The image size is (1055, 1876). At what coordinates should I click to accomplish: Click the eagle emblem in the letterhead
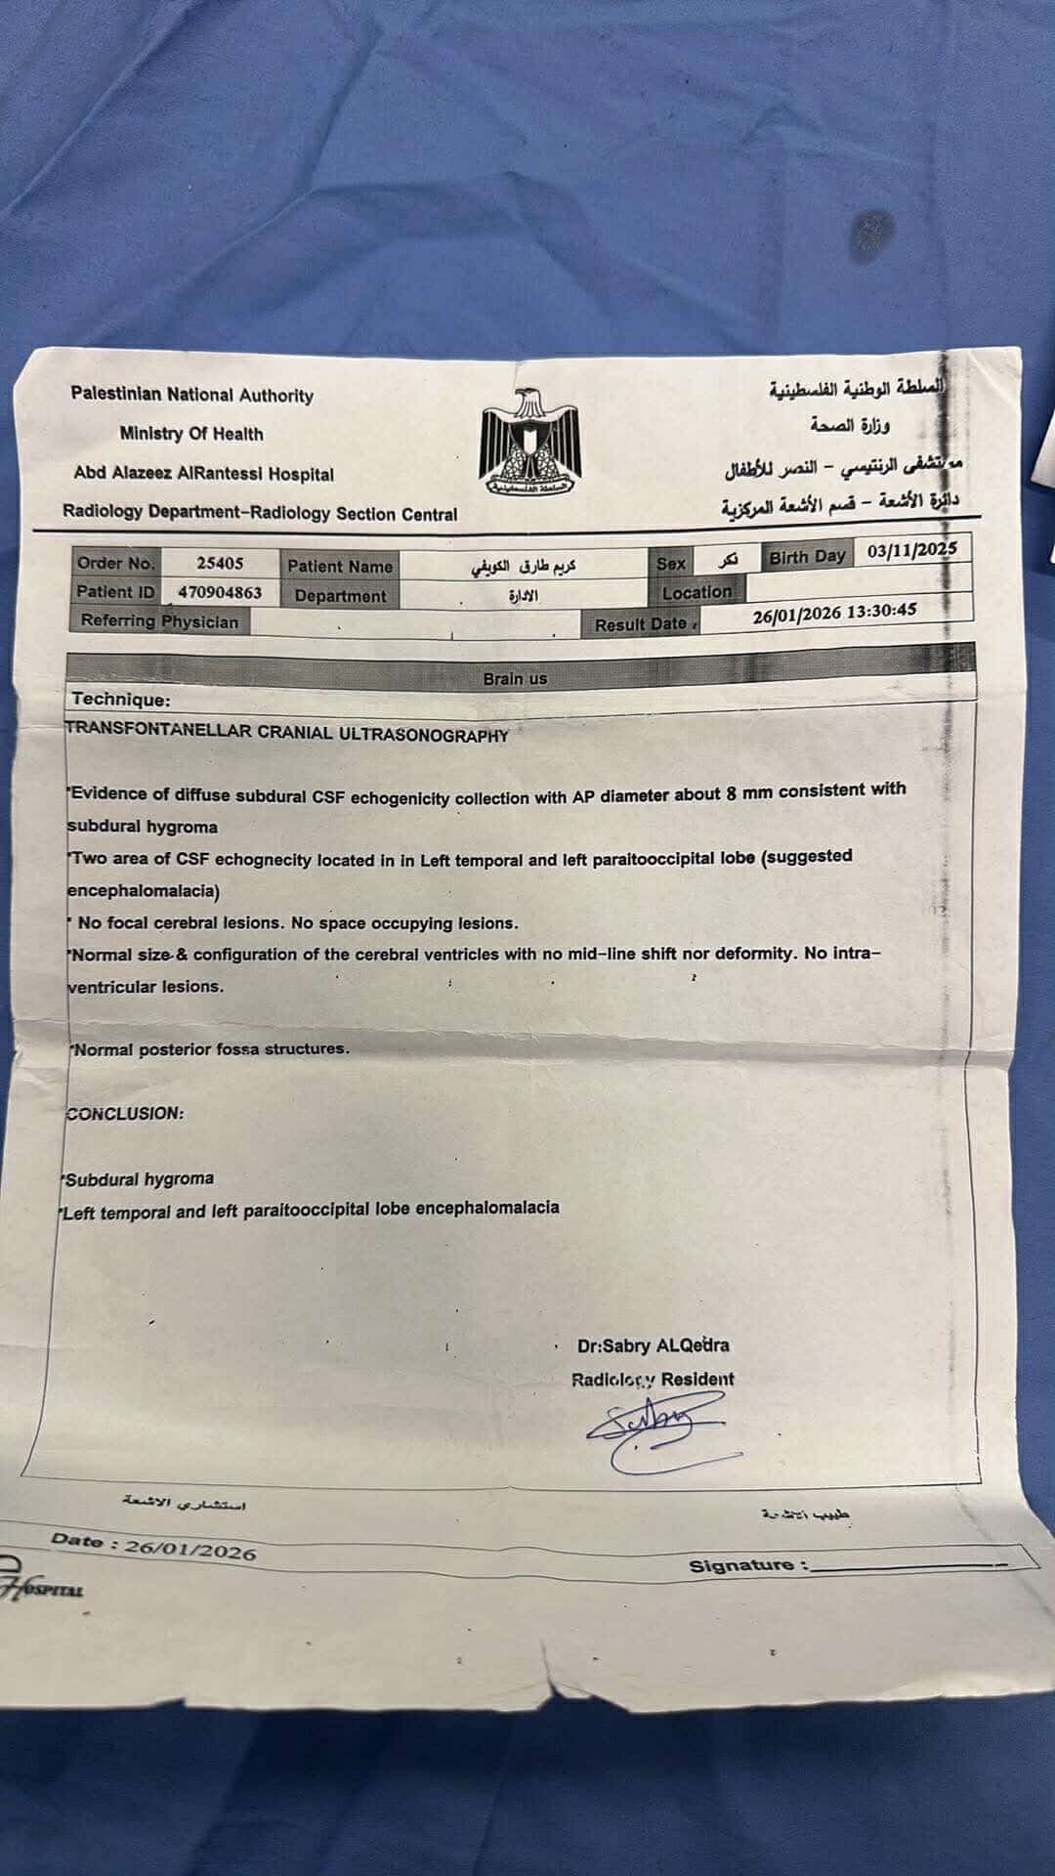(530, 443)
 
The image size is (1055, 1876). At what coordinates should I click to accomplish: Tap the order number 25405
(220, 563)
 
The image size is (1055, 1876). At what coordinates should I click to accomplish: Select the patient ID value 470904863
(220, 592)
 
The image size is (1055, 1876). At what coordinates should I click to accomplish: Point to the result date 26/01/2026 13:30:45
(834, 613)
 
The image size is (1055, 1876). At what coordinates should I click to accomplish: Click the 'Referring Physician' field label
(159, 621)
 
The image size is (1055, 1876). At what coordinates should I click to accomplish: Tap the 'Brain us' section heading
(515, 678)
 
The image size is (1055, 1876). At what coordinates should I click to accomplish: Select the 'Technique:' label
(121, 700)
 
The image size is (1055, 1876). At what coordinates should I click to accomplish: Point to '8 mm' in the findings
(749, 792)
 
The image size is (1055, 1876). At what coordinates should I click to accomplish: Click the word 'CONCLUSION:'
(124, 1113)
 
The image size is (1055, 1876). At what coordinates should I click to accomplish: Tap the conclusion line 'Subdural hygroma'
(139, 1179)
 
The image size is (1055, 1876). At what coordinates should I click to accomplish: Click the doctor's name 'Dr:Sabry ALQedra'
(653, 1345)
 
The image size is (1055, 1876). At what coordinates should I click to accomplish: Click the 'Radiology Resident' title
(653, 1380)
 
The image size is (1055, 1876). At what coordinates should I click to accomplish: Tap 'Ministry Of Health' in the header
(191, 434)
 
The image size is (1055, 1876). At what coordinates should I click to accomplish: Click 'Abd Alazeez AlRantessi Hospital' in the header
(203, 474)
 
